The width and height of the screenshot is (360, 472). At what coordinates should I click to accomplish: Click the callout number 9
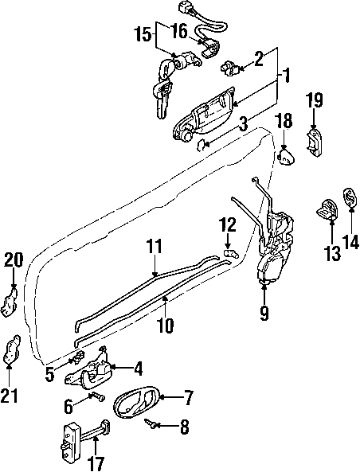(x=264, y=313)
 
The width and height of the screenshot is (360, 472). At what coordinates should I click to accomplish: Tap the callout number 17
(x=96, y=464)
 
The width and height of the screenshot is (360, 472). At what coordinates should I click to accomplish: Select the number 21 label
(x=10, y=396)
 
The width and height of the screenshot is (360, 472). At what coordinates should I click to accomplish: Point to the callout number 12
(x=228, y=225)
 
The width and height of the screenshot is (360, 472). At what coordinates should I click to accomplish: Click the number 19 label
(x=315, y=100)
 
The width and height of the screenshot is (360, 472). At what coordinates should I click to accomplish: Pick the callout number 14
(x=350, y=241)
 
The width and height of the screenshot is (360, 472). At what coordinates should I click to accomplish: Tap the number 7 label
(x=187, y=398)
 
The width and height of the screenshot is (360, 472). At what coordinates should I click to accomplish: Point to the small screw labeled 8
(x=150, y=423)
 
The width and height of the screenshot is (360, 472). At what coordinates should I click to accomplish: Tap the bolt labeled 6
(x=98, y=396)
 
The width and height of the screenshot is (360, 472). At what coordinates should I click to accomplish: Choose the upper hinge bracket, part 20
(x=10, y=302)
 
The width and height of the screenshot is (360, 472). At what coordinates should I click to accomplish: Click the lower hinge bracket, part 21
(x=11, y=349)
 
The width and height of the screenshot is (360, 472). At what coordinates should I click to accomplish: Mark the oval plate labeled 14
(x=350, y=197)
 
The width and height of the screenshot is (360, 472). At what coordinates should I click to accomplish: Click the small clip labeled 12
(x=231, y=253)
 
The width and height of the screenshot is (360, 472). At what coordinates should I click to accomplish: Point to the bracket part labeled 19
(x=315, y=142)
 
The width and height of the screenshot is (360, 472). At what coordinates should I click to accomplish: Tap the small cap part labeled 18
(x=285, y=155)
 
